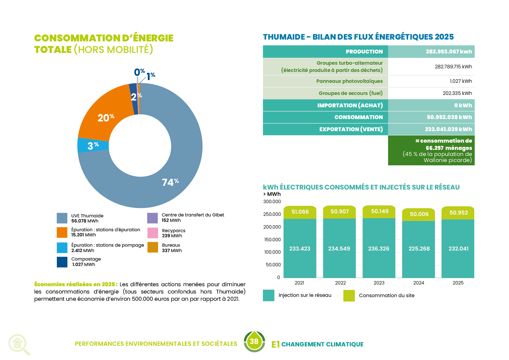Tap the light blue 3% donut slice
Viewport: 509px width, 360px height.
[93, 145]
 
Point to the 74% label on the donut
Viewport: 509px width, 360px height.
[170, 182]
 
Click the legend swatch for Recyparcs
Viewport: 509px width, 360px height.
[153, 233]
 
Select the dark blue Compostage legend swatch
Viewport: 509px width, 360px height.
[62, 262]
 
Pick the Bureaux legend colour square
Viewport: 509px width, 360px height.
[153, 247]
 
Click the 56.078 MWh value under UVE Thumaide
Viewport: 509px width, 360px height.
[85, 221]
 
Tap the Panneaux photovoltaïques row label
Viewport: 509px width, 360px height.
[349, 81]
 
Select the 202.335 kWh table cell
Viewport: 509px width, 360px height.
[457, 93]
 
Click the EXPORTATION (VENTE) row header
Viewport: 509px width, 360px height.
[351, 129]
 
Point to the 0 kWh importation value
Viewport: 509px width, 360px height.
[463, 105]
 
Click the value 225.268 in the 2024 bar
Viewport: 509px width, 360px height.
[419, 249]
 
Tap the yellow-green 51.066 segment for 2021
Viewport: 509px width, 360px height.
[300, 212]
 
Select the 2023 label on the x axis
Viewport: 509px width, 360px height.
[379, 283]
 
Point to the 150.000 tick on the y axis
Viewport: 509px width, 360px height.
[272, 239]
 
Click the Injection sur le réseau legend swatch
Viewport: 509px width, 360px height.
[269, 295]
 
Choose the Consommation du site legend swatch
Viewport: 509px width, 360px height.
[349, 296]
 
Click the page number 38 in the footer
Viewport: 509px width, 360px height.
[254, 341]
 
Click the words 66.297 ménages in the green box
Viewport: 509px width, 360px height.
[449, 148]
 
